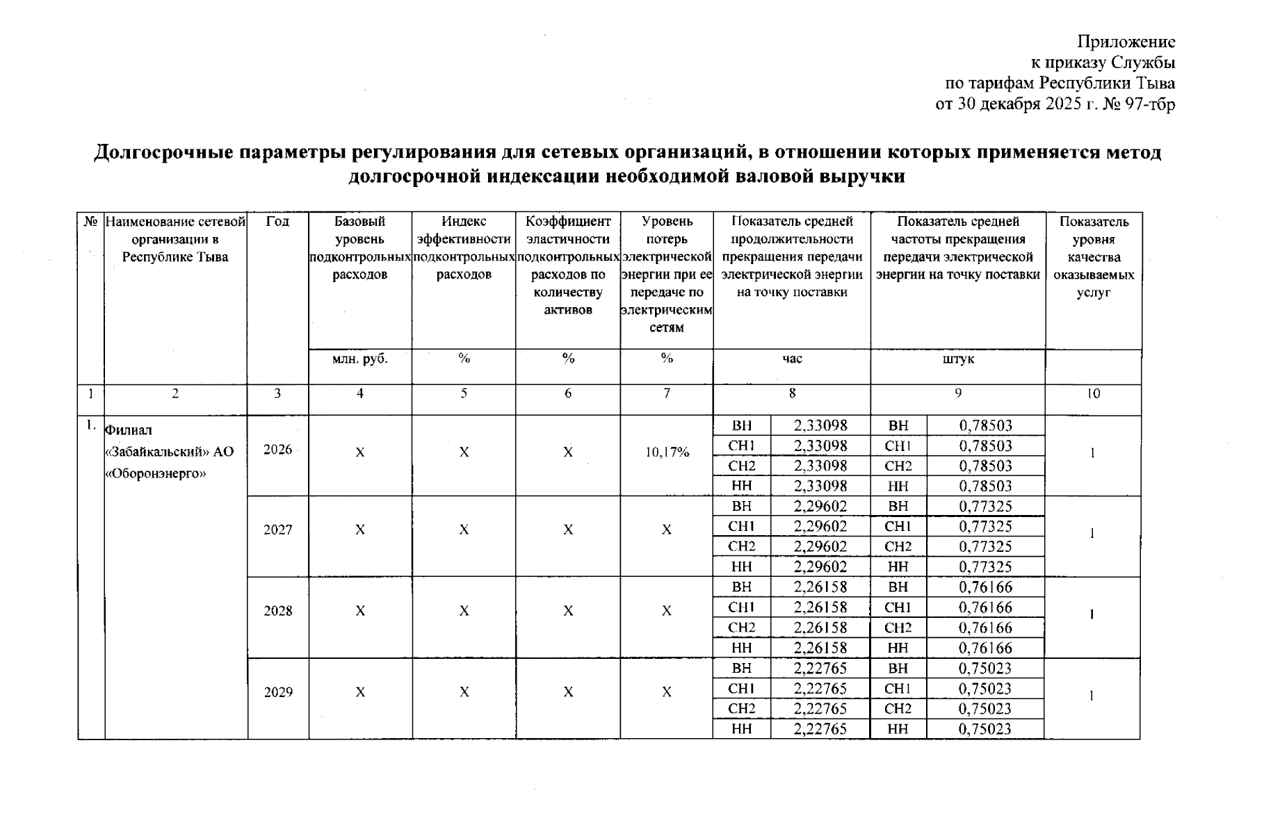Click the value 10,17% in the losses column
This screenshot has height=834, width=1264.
(x=666, y=452)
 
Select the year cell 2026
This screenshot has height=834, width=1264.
(x=277, y=449)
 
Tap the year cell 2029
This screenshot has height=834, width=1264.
(x=277, y=692)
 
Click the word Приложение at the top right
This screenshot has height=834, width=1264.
(x=1126, y=42)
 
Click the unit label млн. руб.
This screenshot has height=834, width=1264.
(x=359, y=359)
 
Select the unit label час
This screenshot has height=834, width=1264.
(x=791, y=359)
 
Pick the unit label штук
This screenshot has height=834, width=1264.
(x=957, y=359)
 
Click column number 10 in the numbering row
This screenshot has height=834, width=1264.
(x=1093, y=393)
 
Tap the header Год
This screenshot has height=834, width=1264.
(x=277, y=222)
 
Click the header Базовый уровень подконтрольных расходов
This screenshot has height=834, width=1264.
(x=359, y=248)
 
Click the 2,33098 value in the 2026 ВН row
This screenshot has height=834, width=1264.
(x=820, y=425)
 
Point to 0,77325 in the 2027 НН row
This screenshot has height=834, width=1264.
(x=985, y=567)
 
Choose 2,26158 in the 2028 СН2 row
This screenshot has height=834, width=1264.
(x=820, y=628)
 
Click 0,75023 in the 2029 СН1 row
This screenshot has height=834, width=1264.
(x=985, y=689)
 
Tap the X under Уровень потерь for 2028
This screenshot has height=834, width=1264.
(x=666, y=611)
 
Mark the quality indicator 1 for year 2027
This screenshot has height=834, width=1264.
(x=1092, y=533)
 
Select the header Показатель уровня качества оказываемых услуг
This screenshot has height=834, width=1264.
(x=1093, y=257)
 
